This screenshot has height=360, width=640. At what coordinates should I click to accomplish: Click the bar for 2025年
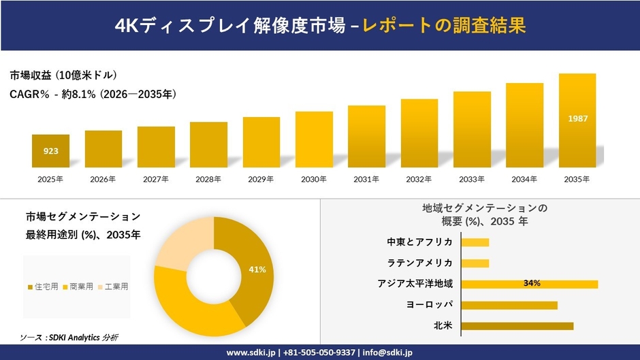[50, 151]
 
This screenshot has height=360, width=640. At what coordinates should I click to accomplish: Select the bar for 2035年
[577, 120]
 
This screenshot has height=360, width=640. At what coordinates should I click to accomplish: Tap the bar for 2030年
[314, 140]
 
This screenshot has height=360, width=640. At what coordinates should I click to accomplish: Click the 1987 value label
[577, 119]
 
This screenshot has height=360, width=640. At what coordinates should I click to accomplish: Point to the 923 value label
[50, 151]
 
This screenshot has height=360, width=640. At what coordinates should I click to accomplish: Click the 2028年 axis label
[208, 179]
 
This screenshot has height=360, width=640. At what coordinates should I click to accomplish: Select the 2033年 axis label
[472, 179]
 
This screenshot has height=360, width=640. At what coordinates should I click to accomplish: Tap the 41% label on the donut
[257, 270]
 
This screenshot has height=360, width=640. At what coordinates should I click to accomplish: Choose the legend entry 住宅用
[42, 287]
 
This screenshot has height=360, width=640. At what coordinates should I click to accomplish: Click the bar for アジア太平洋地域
[530, 284]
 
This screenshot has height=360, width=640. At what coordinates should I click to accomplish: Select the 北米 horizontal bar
[517, 326]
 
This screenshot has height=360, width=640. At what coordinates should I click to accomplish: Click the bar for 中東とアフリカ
[475, 242]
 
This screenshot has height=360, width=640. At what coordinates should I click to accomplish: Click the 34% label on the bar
[532, 283]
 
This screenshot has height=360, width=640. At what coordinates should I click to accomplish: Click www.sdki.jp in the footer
[250, 353]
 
